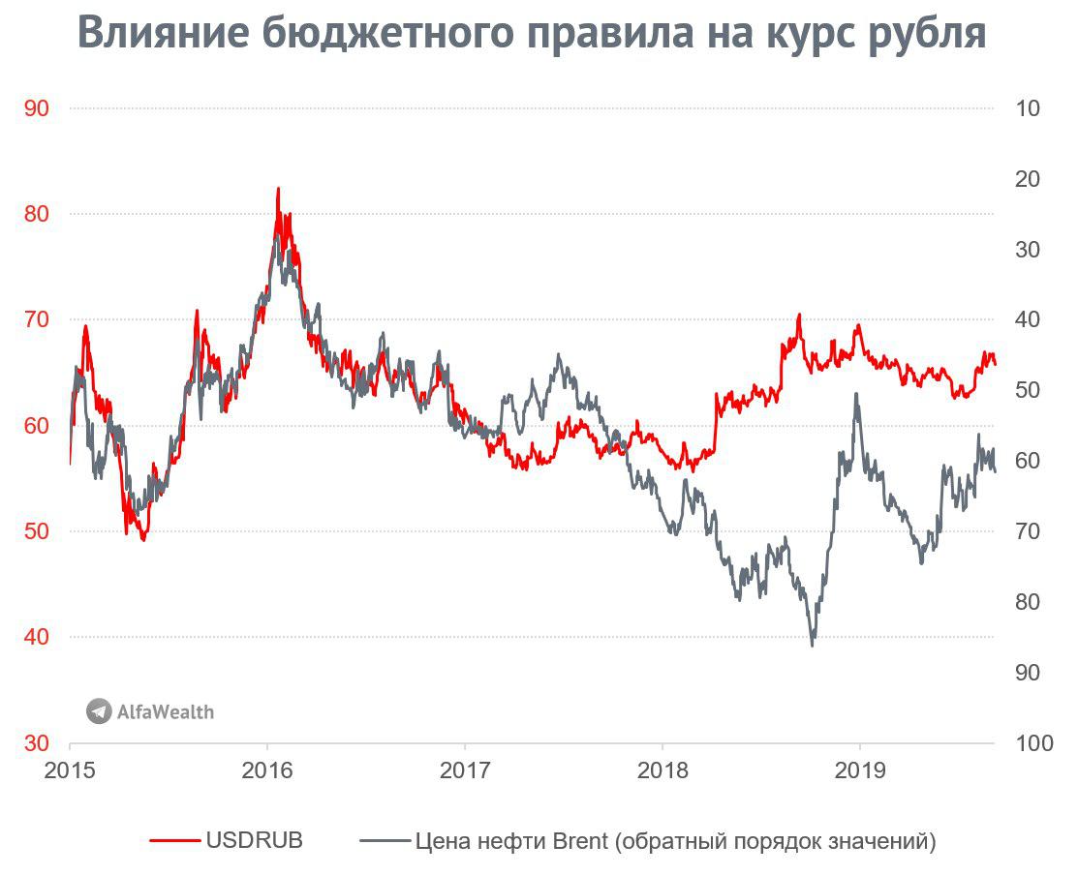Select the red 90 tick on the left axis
37,108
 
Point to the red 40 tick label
37,637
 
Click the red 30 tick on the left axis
37,743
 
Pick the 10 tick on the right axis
1029,108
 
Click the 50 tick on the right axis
1029,390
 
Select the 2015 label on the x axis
71,770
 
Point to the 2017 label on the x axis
465,770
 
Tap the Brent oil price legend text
675,841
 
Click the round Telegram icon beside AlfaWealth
99,711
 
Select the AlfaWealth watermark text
165,712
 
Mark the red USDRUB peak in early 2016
278,189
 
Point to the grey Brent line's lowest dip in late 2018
812,645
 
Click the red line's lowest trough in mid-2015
143,539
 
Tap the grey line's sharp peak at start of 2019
855,394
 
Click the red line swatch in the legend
174,841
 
